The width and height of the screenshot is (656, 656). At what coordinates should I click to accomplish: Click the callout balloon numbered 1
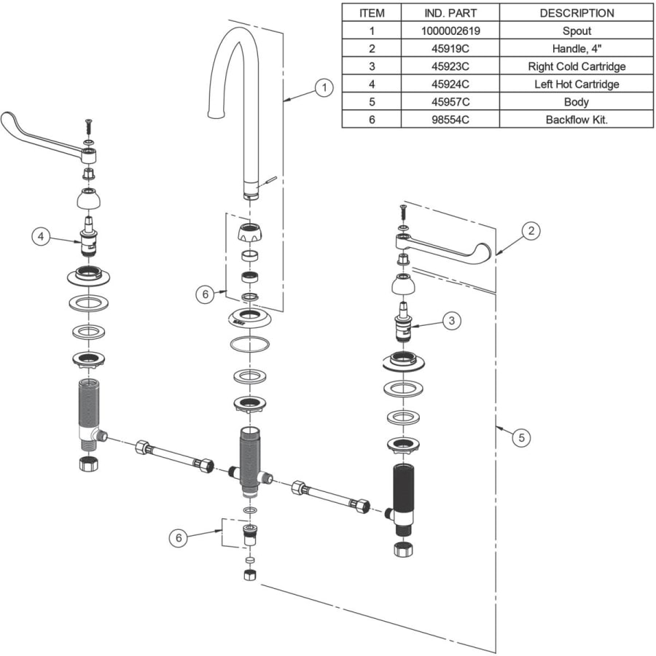[x=324, y=88]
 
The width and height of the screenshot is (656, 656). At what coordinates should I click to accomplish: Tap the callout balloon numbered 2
[x=531, y=230]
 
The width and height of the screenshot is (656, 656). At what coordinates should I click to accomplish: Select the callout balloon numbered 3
[x=452, y=321]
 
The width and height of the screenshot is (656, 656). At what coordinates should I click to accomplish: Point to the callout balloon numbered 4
[x=41, y=237]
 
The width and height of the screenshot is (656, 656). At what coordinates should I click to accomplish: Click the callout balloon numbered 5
[x=521, y=437]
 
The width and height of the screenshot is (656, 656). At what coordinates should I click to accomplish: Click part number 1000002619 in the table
[x=450, y=31]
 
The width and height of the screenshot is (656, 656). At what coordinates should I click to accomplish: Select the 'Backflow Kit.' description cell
[x=577, y=120]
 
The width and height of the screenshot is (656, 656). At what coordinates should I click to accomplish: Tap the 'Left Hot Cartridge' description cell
[x=577, y=84]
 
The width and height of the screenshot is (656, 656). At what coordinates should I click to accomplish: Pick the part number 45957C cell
[x=450, y=102]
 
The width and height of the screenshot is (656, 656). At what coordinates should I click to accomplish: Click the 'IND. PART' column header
[x=450, y=13]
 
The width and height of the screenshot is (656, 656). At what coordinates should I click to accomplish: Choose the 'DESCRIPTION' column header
[x=577, y=13]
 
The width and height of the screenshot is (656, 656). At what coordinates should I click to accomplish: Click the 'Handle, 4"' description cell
[x=577, y=49]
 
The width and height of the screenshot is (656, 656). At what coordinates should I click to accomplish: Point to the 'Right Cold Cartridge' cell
[x=577, y=66]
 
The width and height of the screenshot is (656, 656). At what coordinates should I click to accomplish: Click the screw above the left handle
[x=88, y=126]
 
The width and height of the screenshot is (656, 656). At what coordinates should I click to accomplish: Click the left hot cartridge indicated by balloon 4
[x=88, y=236]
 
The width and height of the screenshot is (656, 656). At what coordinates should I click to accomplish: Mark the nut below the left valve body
[x=88, y=464]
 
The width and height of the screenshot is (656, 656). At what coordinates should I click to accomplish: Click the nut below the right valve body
[x=403, y=549]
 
